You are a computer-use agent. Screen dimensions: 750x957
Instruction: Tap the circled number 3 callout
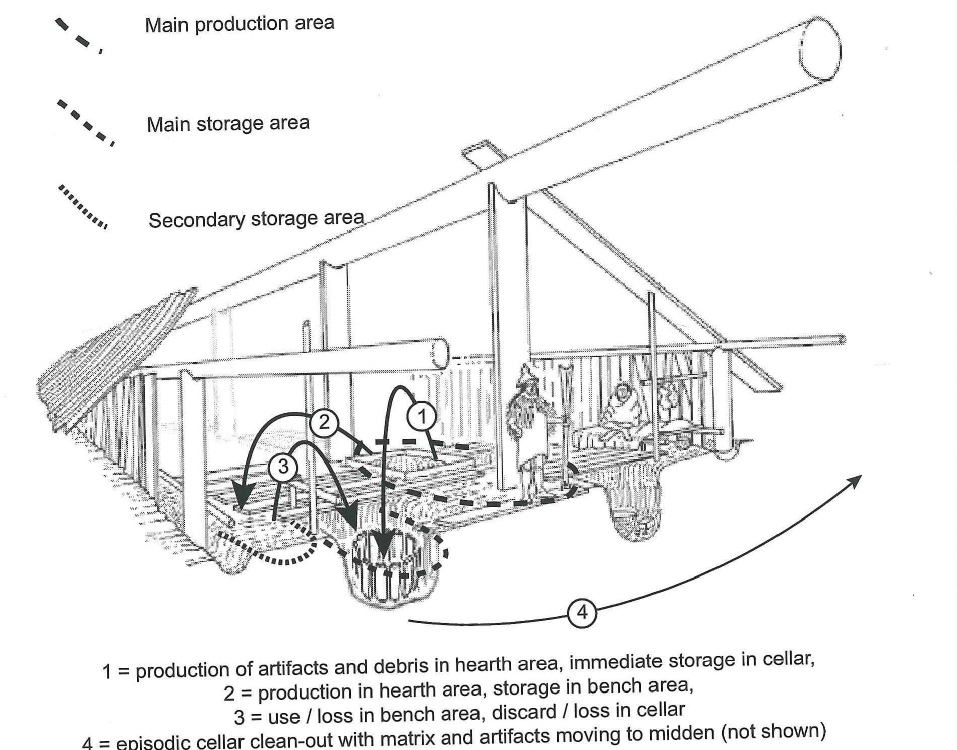coord(283,467)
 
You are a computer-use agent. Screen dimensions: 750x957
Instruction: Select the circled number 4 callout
coord(582,613)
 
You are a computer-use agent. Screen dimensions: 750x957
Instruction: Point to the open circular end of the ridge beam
coord(820,49)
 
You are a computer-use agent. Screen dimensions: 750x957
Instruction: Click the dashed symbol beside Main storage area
coord(85,123)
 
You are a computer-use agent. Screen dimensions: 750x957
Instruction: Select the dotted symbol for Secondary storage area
coord(82,207)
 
